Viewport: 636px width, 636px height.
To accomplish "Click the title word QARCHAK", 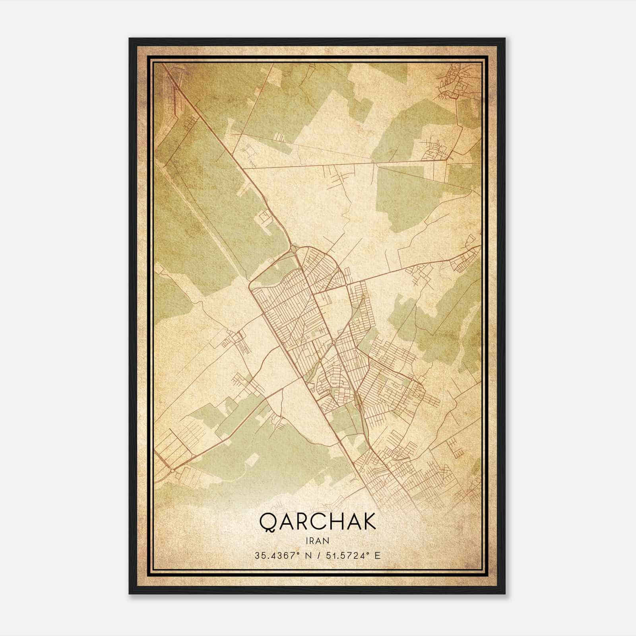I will [318, 522].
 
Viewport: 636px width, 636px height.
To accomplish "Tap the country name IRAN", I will [318, 540].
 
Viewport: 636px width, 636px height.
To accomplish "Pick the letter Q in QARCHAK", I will [268, 522].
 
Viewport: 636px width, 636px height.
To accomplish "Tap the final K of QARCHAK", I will [368, 522].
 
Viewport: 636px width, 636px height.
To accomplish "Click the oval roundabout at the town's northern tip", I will [293, 249].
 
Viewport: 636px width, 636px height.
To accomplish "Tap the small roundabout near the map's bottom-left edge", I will [172, 471].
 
